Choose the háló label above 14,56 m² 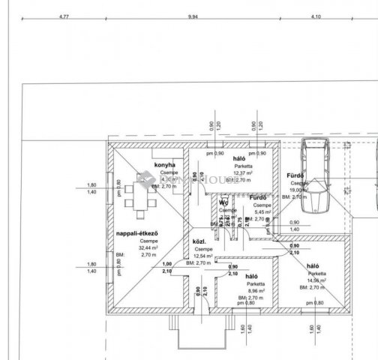314,266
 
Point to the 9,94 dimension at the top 193,16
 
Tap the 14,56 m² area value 315,281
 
